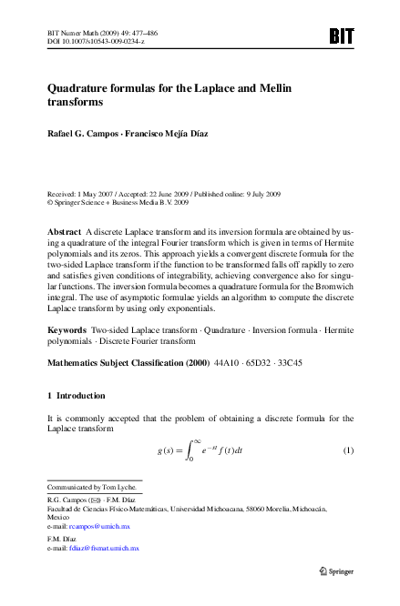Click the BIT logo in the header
340,36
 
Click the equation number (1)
347,477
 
